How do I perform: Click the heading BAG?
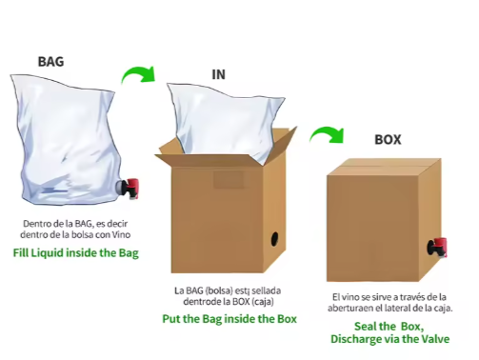pyautogui.click(x=50, y=62)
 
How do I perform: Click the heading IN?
pyautogui.click(x=219, y=74)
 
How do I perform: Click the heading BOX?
pyautogui.click(x=388, y=140)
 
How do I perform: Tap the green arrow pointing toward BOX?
pyautogui.click(x=328, y=134)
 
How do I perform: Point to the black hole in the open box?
pyautogui.click(x=275, y=239)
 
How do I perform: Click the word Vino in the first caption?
pyautogui.click(x=121, y=235)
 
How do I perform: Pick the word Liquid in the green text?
pyautogui.click(x=48, y=253)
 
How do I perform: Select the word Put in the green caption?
pyautogui.click(x=171, y=319)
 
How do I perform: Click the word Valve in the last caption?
pyautogui.click(x=435, y=339)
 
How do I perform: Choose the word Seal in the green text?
pyautogui.click(x=365, y=327)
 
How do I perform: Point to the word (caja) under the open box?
pyautogui.click(x=263, y=301)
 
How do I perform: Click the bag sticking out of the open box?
pyautogui.click(x=227, y=122)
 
